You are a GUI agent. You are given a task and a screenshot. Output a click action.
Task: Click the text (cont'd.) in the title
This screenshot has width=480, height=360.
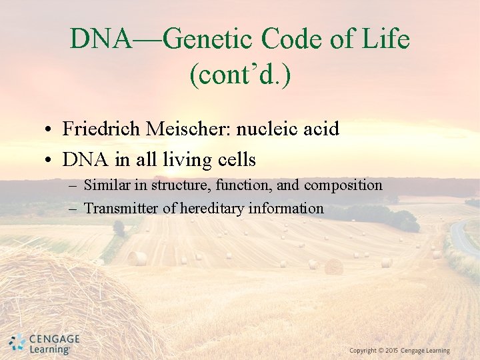tap(240, 75)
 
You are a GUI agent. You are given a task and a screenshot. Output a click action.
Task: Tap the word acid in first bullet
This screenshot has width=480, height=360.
tap(322, 129)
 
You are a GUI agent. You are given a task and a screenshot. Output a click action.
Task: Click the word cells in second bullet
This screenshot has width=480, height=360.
tap(237, 160)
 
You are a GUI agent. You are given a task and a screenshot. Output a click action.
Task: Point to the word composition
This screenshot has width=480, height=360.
tap(343, 185)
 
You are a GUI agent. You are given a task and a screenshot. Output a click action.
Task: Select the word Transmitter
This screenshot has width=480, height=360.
tap(121, 209)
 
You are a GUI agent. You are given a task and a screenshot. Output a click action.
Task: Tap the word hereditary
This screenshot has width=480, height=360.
tap(213, 209)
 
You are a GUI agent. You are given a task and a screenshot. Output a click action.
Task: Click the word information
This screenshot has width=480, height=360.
tap(286, 209)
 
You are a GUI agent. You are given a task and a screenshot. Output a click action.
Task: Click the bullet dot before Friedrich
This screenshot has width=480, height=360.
tap(50, 129)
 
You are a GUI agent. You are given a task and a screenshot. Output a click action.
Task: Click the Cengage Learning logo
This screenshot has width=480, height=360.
tap(45, 343)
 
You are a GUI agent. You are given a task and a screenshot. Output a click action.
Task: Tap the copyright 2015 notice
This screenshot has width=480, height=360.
tap(399, 351)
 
